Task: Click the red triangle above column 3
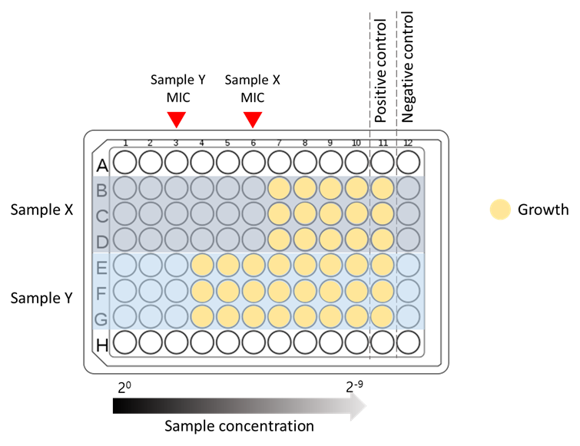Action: (177, 119)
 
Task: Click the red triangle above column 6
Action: (253, 119)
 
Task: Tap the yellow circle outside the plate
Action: (500, 210)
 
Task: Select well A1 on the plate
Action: (125, 163)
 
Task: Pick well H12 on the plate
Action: (408, 342)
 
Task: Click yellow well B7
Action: (280, 188)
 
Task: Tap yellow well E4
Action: (202, 266)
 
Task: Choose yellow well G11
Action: (383, 316)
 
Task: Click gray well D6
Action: (254, 240)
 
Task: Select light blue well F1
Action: (125, 291)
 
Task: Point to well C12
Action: (408, 214)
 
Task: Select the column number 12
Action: (408, 144)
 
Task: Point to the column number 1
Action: (125, 144)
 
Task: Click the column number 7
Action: (279, 144)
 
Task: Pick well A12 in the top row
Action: (408, 163)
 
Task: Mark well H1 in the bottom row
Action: (125, 342)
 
